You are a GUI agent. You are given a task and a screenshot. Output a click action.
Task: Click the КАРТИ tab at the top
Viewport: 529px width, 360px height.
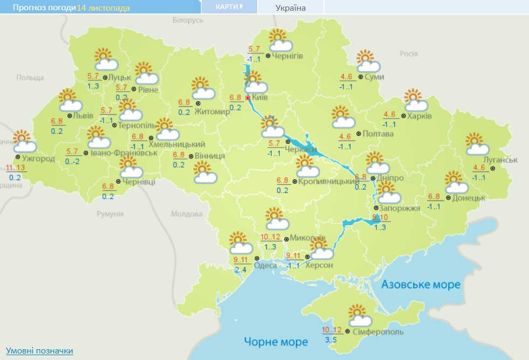click(228, 6)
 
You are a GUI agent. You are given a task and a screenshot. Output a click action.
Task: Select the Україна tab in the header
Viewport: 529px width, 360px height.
click(290, 8)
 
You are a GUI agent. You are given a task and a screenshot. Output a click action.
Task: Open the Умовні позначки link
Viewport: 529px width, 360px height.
click(39, 351)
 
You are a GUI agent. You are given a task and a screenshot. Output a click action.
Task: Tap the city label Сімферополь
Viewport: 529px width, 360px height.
click(377, 332)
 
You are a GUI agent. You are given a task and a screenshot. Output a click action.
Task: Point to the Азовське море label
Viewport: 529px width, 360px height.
click(421, 284)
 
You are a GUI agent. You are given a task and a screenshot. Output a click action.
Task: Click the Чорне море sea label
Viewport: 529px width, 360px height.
click(276, 342)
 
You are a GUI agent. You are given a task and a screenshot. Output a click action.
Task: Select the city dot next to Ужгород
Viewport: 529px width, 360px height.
click(18, 157)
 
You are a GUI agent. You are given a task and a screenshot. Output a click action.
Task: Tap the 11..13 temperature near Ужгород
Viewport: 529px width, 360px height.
click(15, 168)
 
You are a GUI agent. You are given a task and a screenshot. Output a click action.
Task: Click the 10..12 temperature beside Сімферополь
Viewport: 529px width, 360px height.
click(332, 330)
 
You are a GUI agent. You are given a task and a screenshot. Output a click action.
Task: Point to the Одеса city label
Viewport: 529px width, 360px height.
click(265, 265)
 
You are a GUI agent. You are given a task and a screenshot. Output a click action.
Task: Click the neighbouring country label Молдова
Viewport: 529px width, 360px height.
click(186, 214)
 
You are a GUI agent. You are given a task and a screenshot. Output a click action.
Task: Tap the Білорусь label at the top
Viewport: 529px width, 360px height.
click(188, 20)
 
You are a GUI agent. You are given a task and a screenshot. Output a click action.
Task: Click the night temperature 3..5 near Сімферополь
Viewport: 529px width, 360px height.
click(331, 340)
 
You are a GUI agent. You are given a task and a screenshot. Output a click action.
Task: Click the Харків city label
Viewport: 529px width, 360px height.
click(420, 116)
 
